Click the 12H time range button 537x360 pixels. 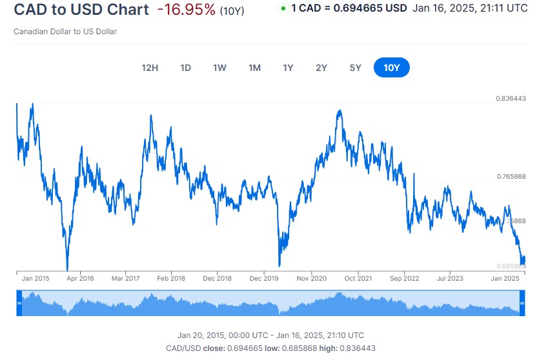[x=150, y=68]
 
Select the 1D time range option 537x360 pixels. [x=185, y=68]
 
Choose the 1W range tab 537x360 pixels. [x=219, y=68]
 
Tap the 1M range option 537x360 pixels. [x=254, y=68]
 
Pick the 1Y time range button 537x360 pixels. [x=288, y=68]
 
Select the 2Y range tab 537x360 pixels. [x=321, y=68]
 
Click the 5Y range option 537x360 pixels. [x=355, y=68]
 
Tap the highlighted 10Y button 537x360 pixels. [x=391, y=68]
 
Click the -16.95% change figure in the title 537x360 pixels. [x=186, y=10]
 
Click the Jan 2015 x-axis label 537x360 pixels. [x=35, y=279]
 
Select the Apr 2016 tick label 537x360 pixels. [x=79, y=279]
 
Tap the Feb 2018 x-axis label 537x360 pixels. [x=171, y=279]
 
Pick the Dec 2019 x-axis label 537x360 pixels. [x=263, y=279]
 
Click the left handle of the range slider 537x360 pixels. [x=19, y=303]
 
